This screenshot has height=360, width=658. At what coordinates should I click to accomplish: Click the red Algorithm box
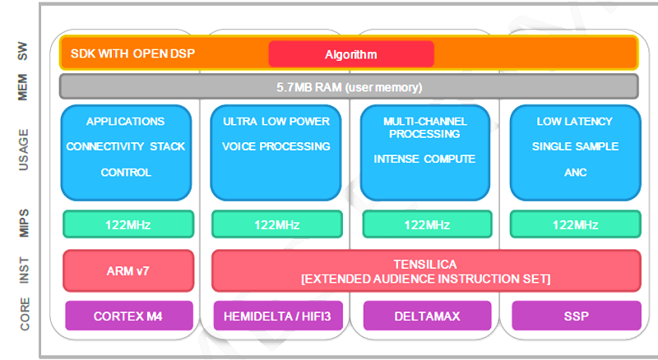351,53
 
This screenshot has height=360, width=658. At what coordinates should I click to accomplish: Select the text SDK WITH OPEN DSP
132,53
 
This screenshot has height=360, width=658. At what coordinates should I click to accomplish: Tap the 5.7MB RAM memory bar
349,87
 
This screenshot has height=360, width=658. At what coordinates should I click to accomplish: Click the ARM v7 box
128,270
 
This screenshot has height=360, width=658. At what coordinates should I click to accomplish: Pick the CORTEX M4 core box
129,316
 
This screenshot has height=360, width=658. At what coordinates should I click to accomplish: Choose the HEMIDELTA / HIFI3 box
278,316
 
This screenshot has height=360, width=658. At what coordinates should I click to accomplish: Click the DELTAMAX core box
427,316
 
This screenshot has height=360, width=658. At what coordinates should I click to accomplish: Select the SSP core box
577,316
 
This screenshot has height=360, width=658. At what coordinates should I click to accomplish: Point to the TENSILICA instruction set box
426,270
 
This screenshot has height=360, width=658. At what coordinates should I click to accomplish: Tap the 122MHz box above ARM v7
128,224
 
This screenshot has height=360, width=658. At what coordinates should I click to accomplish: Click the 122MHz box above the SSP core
575,224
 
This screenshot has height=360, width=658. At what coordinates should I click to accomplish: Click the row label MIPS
24,224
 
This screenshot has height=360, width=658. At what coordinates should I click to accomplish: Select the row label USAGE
24,150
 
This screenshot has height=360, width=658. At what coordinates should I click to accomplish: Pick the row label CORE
25,314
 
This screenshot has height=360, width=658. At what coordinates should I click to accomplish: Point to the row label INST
25,270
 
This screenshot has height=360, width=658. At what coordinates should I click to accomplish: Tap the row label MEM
22,87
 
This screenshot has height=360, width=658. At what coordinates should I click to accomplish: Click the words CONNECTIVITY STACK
126,146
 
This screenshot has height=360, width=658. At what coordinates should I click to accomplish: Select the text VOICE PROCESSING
276,146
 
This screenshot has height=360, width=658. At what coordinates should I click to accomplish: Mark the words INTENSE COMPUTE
424,159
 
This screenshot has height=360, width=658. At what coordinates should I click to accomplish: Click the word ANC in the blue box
575,173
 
